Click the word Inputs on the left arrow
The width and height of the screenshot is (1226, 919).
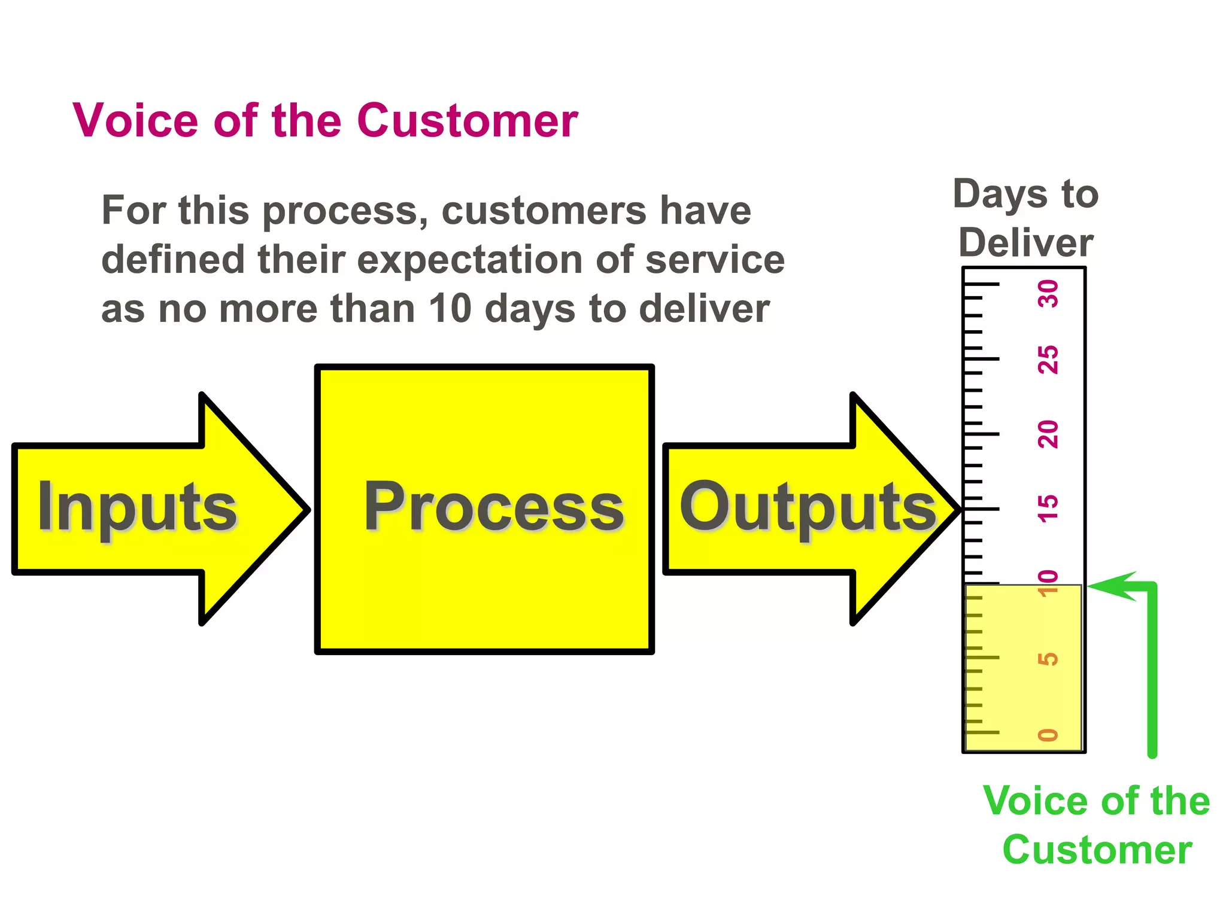[x=137, y=507]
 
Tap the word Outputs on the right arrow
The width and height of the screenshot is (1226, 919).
[x=808, y=507]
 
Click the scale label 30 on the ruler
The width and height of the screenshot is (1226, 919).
[x=1048, y=294]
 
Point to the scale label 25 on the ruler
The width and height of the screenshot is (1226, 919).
[x=1048, y=360]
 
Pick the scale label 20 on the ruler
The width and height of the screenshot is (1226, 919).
[x=1048, y=434]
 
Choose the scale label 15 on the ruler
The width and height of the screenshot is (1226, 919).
[x=1048, y=509]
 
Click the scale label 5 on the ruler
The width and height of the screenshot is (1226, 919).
[x=1048, y=659]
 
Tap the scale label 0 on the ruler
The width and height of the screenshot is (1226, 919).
[x=1048, y=735]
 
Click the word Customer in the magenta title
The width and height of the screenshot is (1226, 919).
[x=468, y=121]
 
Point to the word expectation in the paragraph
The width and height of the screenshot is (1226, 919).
[x=469, y=260]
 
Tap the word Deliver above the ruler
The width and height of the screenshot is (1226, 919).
[x=1026, y=243]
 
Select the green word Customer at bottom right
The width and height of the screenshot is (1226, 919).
[x=1097, y=850]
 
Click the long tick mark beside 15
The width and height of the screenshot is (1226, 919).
[x=982, y=509]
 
